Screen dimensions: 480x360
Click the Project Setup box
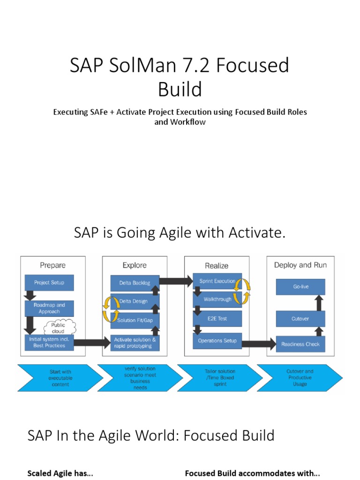click(49, 283)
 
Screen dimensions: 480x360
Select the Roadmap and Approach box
click(49, 308)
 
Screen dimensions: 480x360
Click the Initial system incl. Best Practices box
click(49, 342)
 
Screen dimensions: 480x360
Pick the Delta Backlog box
click(135, 283)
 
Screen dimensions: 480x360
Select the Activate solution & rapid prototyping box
click(135, 343)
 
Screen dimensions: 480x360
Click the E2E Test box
click(217, 319)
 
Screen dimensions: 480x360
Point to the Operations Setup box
click(217, 341)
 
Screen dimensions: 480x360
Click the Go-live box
click(300, 286)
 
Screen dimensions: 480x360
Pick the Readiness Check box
click(300, 344)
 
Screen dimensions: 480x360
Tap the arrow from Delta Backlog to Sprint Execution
click(176, 282)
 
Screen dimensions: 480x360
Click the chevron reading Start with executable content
click(60, 378)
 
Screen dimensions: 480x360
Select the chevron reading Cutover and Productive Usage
click(300, 378)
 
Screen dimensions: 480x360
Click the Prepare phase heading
click(52, 265)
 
